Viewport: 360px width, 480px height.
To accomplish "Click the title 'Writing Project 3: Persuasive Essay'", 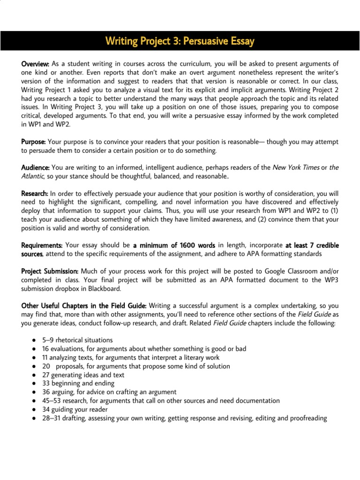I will point(180,41).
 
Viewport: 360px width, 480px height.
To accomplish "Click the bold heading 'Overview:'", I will point(36,63).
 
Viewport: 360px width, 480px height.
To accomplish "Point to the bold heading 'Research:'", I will point(35,193).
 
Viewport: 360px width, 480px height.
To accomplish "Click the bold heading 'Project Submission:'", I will point(50,271).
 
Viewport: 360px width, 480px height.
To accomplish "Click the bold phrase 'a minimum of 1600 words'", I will point(174,245).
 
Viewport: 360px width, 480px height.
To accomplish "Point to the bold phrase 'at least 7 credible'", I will point(312,245).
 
